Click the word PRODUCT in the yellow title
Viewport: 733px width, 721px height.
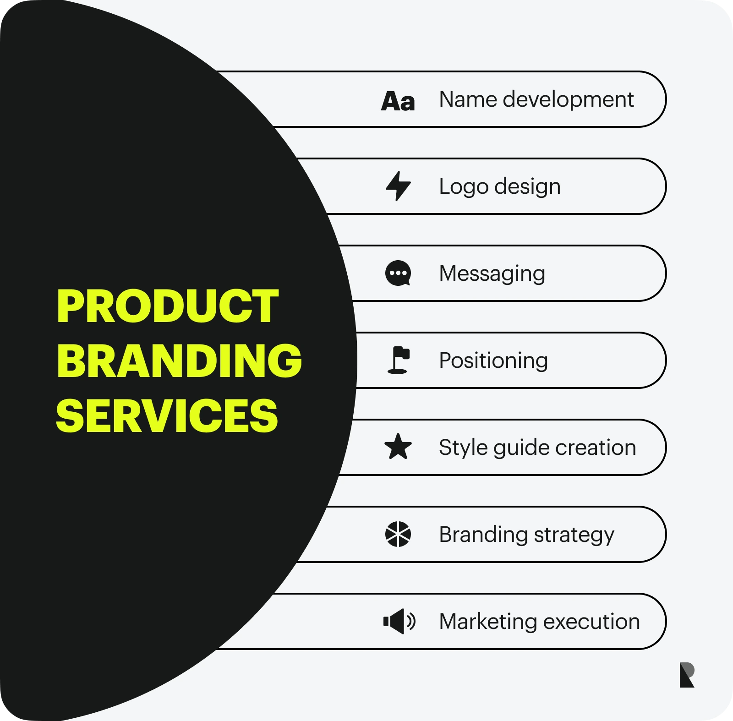click(x=168, y=306)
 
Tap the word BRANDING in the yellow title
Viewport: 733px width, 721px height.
click(x=179, y=360)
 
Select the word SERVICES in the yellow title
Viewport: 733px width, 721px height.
click(x=167, y=415)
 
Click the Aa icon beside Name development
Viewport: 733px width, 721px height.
click(x=398, y=101)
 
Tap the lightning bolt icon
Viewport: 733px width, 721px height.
click(x=398, y=186)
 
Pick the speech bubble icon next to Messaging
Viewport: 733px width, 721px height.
click(x=398, y=273)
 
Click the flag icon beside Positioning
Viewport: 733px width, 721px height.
click(x=398, y=360)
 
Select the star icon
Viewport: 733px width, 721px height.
click(x=398, y=447)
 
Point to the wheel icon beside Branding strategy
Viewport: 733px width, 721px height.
click(x=398, y=534)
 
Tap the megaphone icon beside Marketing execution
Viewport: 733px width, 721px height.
click(x=399, y=621)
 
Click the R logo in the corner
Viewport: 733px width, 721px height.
click(x=687, y=675)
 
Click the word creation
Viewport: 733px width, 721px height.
click(x=596, y=448)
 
